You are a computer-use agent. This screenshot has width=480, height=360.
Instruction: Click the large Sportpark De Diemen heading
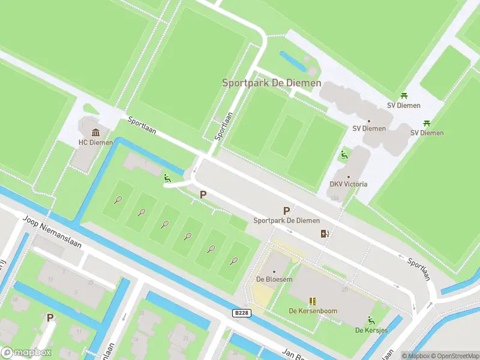tap(271, 83)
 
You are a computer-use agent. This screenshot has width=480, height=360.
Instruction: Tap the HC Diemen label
tap(95, 143)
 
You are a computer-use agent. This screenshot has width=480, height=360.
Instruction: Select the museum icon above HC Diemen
tap(95, 132)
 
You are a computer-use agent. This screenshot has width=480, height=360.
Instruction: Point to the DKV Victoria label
tap(349, 184)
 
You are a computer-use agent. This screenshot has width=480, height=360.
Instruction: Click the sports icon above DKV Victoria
tap(344, 155)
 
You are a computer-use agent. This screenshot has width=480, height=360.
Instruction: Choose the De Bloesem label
tap(274, 279)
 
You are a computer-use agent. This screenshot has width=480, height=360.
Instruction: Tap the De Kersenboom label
tap(313, 311)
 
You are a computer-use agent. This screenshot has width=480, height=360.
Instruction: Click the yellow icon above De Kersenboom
tap(313, 301)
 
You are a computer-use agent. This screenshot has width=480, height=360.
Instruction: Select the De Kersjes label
tap(371, 330)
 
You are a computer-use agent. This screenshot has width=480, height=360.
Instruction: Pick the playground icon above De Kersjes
tap(371, 320)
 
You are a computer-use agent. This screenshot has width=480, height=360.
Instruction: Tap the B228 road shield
tap(241, 313)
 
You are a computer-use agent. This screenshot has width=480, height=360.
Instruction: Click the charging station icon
tap(325, 234)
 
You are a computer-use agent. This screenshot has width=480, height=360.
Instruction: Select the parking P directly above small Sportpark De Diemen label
tap(286, 211)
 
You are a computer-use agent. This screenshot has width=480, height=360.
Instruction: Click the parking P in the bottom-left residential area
tap(50, 317)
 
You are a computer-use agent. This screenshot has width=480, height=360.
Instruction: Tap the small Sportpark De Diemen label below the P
tap(286, 221)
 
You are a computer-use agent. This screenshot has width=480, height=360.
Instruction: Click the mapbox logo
tap(26, 352)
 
